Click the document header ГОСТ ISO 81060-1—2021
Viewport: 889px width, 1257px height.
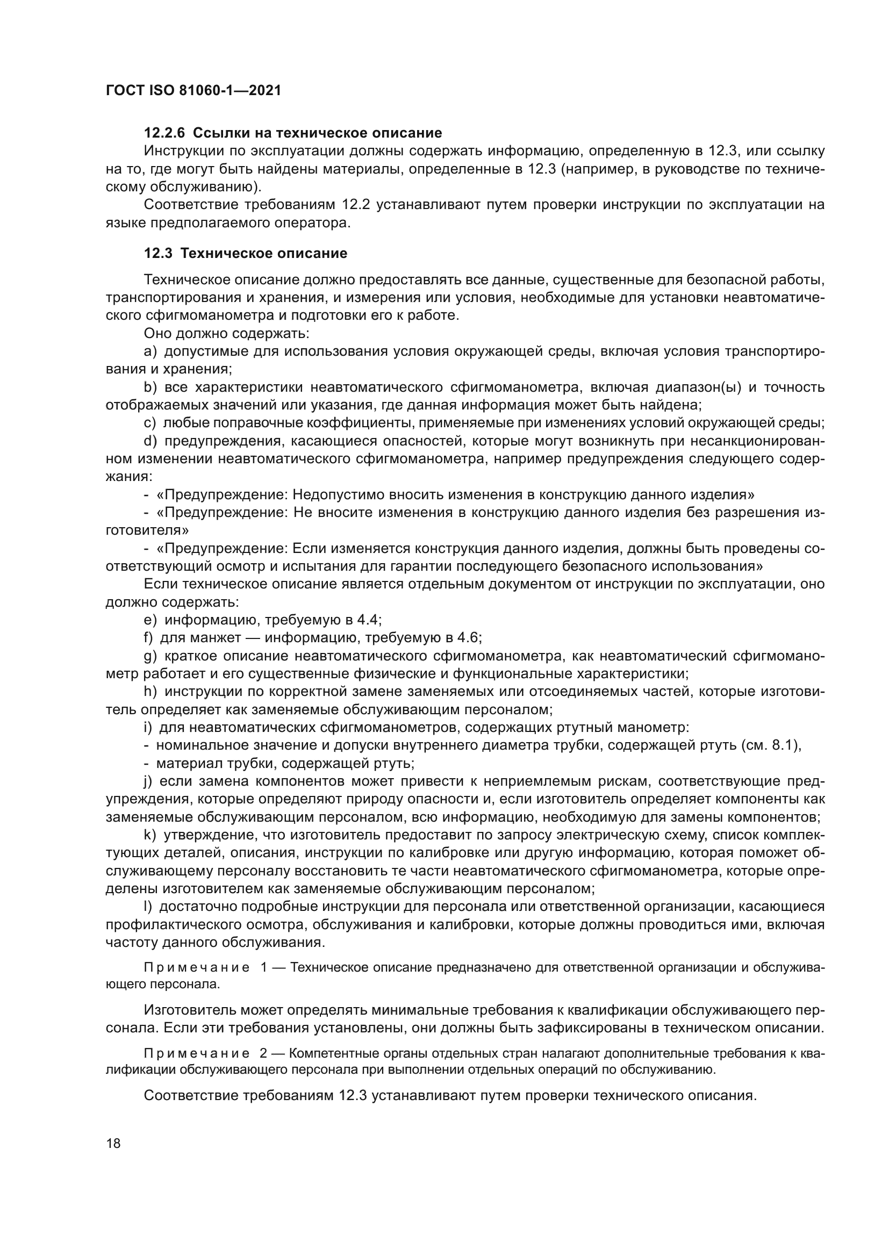(x=193, y=90)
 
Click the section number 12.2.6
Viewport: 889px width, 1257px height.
(x=164, y=133)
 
